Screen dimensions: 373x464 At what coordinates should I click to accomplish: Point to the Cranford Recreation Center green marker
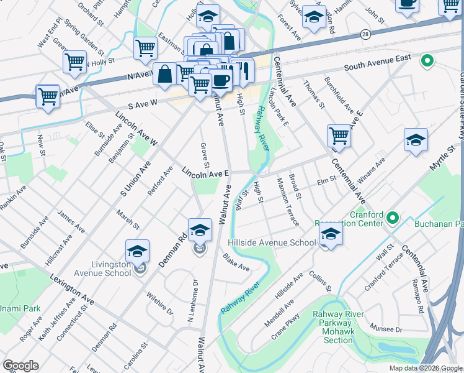click(392, 218)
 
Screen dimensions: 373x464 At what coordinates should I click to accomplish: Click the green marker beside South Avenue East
click(426, 61)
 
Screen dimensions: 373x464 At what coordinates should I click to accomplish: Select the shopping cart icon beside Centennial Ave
click(339, 135)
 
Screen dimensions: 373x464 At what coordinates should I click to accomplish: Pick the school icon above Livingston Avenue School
click(137, 251)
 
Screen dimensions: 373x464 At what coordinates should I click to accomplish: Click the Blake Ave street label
click(236, 264)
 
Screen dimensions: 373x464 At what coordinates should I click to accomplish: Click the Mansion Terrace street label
click(288, 201)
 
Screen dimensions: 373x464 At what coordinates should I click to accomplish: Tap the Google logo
click(20, 366)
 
